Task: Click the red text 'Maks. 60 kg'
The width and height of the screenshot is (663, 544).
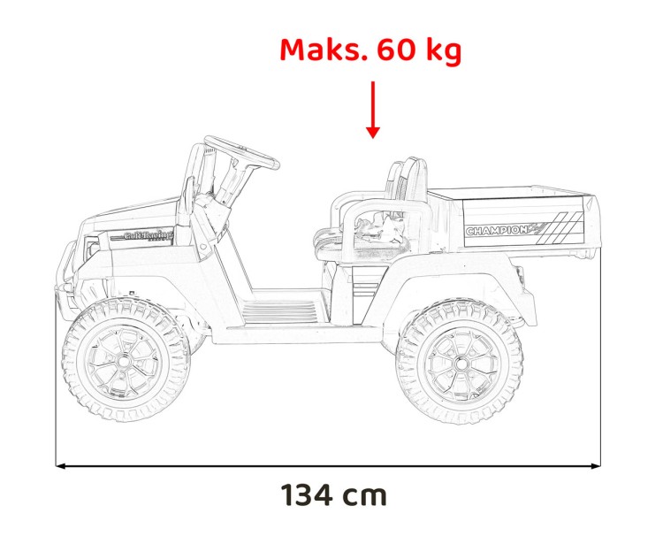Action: coord(370,50)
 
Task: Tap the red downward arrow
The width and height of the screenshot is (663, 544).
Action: coord(373,110)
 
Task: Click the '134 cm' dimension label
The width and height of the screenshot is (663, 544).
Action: coord(334,494)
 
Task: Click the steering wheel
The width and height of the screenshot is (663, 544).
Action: coord(240,152)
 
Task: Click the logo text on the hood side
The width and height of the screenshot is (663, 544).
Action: coord(147,235)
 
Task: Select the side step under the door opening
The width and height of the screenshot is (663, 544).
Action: coord(278,310)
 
